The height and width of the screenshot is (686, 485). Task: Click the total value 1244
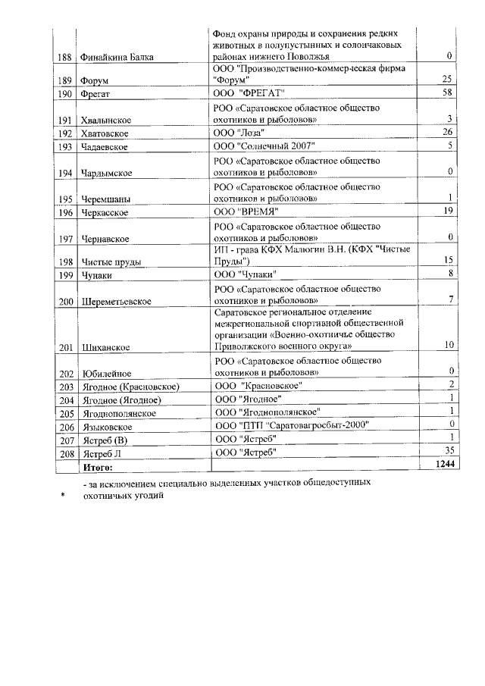coord(443,466)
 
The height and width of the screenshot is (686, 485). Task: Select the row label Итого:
coord(97,467)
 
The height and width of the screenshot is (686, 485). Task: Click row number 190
coord(65,94)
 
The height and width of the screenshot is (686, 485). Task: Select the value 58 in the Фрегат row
coord(447,92)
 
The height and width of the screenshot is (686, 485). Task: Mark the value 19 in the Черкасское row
coord(448,211)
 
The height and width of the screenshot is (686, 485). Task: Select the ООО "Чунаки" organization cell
coord(246,274)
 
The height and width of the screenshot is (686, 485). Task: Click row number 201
coord(65,348)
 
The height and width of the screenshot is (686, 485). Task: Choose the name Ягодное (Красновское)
coord(124,387)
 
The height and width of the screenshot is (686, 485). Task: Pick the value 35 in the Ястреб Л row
coord(448,452)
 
